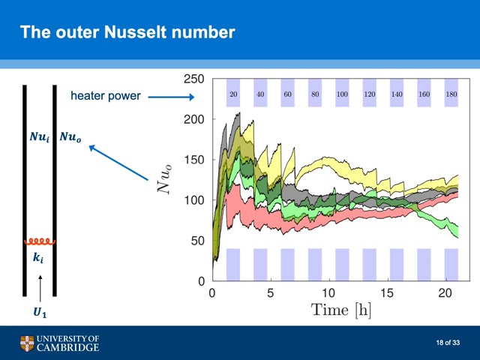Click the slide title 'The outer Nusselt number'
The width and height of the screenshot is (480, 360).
coord(127,31)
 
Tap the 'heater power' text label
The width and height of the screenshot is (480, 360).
coord(105,96)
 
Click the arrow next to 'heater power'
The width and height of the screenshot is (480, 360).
coord(172,97)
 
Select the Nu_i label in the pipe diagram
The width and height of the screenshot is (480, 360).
coord(40,136)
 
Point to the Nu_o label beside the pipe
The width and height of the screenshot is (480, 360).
coord(70,136)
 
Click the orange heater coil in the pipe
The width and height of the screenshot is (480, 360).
coord(40,241)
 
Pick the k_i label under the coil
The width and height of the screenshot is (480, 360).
coord(38,258)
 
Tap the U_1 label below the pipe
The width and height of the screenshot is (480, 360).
coord(40,313)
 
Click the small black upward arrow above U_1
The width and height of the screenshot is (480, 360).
coord(40,289)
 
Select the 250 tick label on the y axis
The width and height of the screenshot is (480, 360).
coord(193,79)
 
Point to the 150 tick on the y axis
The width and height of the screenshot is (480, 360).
coord(193,160)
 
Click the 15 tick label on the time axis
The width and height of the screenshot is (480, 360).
coord(387,293)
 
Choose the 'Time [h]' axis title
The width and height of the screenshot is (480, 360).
coord(341,310)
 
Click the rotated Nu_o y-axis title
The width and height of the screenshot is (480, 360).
coord(164,178)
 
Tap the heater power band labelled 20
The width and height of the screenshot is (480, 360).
coord(233,93)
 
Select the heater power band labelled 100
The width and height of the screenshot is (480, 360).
coord(342,93)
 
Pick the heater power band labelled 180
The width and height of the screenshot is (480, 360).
coord(451,93)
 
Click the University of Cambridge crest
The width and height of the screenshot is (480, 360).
coord(27,343)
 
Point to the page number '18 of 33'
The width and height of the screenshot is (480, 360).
coord(448,343)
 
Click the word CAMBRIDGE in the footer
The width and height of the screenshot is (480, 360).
coord(68,347)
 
